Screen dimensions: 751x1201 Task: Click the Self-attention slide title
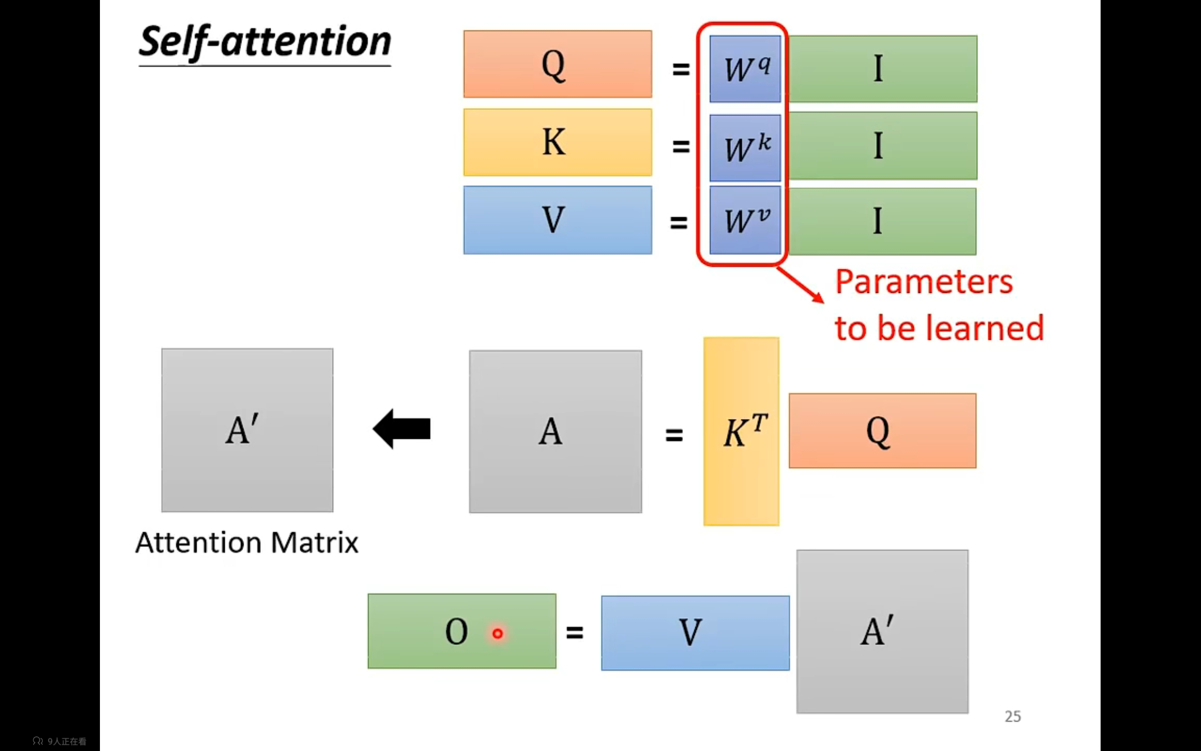click(x=265, y=42)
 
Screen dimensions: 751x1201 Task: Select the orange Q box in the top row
click(x=557, y=64)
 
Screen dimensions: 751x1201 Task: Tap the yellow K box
click(x=557, y=143)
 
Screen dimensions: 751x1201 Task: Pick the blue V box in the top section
click(x=557, y=220)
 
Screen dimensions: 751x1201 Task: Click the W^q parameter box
click(x=745, y=69)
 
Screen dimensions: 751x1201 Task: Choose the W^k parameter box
click(x=745, y=147)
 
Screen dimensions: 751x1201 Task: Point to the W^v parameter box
click(x=745, y=220)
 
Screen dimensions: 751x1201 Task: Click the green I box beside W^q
click(x=882, y=69)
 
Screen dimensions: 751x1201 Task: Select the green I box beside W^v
click(x=882, y=222)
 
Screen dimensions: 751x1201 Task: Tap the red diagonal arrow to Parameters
click(x=799, y=284)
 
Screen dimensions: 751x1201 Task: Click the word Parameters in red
click(x=924, y=282)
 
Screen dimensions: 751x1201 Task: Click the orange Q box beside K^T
click(x=882, y=430)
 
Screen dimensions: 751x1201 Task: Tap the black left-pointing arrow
click(x=402, y=429)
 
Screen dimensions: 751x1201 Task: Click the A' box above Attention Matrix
click(x=247, y=430)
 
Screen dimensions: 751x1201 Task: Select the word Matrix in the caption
click(x=315, y=543)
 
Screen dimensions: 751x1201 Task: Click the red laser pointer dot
click(x=497, y=633)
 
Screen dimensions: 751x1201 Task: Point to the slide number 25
click(x=1012, y=716)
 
